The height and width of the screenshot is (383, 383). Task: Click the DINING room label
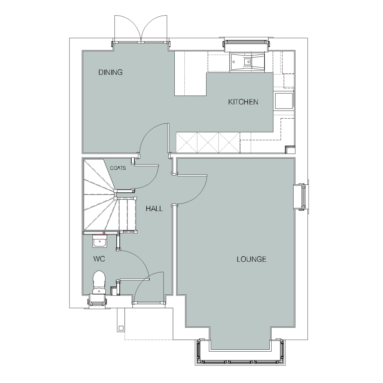(x=110, y=72)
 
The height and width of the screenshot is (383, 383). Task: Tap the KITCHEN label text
(x=243, y=102)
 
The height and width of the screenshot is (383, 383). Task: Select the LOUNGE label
(x=251, y=259)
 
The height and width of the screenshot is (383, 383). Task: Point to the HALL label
(x=154, y=209)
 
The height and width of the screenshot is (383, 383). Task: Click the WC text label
(x=99, y=259)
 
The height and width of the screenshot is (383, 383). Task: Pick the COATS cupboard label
(x=118, y=168)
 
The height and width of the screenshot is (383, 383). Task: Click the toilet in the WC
(x=99, y=282)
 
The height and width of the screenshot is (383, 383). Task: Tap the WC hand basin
(x=99, y=241)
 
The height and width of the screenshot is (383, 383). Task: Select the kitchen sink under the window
(x=247, y=62)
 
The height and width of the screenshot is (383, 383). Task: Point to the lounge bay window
(x=240, y=352)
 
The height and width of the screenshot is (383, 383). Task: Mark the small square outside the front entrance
(x=121, y=328)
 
